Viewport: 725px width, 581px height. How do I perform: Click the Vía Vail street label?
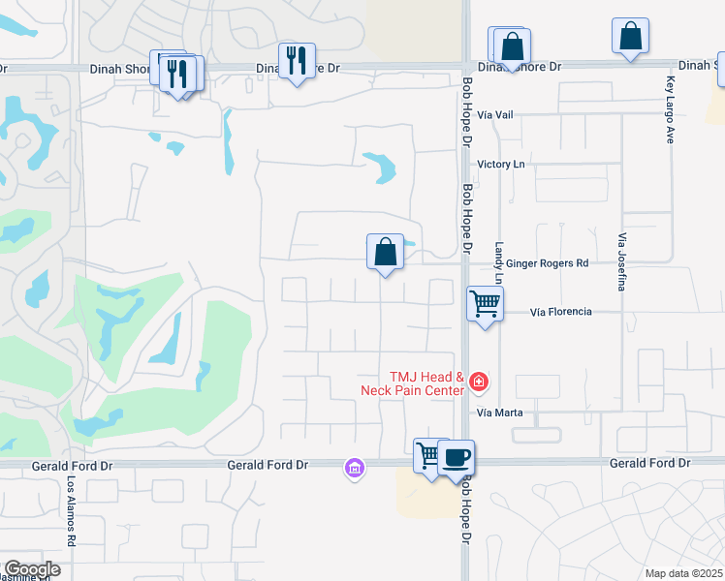[495, 114]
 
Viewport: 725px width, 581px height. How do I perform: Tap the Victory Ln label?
[501, 165]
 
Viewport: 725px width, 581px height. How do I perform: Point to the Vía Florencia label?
[560, 313]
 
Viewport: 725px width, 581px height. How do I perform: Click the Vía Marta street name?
[500, 413]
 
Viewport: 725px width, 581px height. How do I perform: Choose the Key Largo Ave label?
[670, 111]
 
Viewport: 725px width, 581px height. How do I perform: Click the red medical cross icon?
[477, 382]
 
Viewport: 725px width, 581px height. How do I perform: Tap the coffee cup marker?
[456, 456]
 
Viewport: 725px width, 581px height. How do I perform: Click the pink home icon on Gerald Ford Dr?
[354, 469]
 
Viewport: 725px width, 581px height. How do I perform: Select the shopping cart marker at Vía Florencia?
[485, 303]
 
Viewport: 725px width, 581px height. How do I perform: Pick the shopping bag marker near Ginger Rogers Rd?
[385, 252]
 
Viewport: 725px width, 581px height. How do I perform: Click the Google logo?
[31, 569]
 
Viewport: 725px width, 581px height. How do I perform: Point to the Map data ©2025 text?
[683, 573]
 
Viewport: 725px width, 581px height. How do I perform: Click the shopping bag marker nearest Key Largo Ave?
[630, 36]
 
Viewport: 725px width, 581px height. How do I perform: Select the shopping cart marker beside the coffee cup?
[428, 454]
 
